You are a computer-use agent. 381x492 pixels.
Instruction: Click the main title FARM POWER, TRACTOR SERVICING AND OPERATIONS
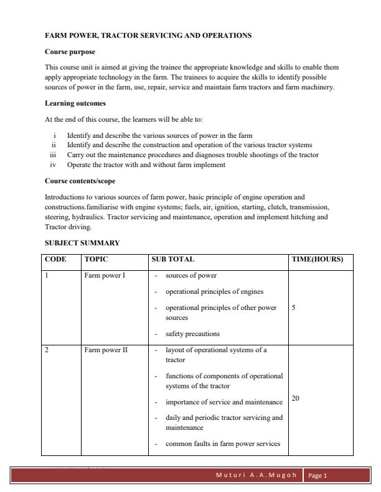[x=148, y=35]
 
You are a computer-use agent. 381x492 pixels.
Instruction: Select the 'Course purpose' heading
[x=70, y=51]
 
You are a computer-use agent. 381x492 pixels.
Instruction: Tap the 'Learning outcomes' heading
[x=75, y=102]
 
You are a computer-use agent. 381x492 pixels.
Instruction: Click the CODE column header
[x=55, y=260]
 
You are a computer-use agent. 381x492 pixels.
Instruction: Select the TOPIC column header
[x=96, y=260]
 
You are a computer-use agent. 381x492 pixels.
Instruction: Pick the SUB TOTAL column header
[x=174, y=260]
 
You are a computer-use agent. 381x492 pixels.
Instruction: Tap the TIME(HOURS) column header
[x=317, y=260]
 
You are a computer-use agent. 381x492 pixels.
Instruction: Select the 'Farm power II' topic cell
[x=106, y=350]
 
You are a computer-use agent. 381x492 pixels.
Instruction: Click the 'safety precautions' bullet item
[x=192, y=334]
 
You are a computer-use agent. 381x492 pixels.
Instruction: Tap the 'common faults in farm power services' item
[x=223, y=444]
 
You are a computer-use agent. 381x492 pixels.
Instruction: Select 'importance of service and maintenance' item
[x=223, y=403]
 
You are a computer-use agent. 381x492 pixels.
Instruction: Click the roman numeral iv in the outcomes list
[x=54, y=165]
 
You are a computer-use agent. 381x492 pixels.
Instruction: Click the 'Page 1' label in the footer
[x=317, y=476]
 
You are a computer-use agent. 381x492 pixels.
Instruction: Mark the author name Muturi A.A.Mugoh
[x=256, y=476]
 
